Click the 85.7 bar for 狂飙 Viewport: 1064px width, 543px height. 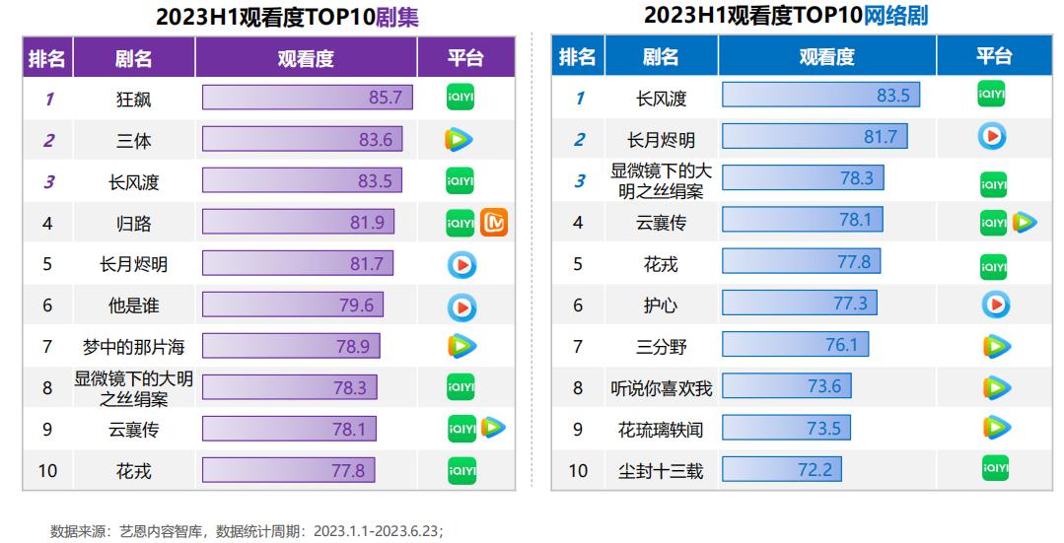point(307,98)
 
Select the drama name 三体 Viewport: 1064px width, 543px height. point(133,140)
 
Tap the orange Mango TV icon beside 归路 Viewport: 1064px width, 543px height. point(493,223)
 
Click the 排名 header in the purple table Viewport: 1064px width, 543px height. point(47,58)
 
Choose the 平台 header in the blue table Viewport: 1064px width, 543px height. point(993,56)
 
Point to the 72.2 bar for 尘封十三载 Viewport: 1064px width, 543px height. point(780,470)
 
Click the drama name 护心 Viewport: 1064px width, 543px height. point(660,305)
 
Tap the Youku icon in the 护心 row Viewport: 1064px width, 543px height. point(994,305)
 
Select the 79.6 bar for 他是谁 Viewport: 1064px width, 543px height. point(293,305)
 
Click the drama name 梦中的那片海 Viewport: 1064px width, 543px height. point(133,346)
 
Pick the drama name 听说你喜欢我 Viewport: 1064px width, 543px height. point(660,387)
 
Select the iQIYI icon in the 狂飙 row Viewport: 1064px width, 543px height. point(461,98)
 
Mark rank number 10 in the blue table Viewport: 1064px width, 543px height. point(578,471)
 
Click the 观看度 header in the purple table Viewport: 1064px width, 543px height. point(306,58)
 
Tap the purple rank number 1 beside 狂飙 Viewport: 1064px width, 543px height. point(48,99)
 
